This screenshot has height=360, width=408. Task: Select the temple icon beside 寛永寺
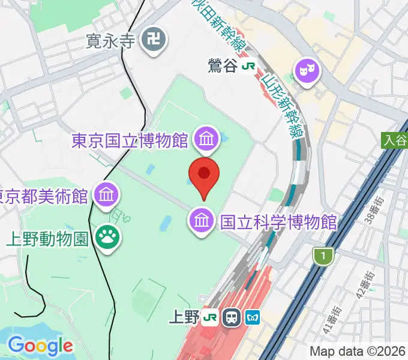(154, 41)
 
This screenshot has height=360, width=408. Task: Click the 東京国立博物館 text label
(130, 140)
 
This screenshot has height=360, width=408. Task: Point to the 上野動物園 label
(48, 238)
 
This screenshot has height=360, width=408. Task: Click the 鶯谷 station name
(223, 67)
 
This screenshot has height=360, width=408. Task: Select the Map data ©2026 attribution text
(357, 351)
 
